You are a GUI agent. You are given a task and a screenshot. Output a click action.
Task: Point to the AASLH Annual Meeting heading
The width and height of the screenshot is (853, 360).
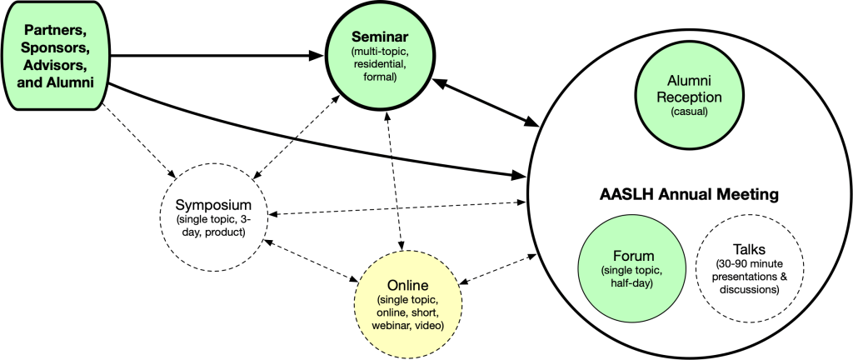(x=689, y=194)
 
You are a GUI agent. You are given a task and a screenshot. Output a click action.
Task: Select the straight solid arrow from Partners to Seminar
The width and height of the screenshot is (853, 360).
(x=217, y=57)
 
